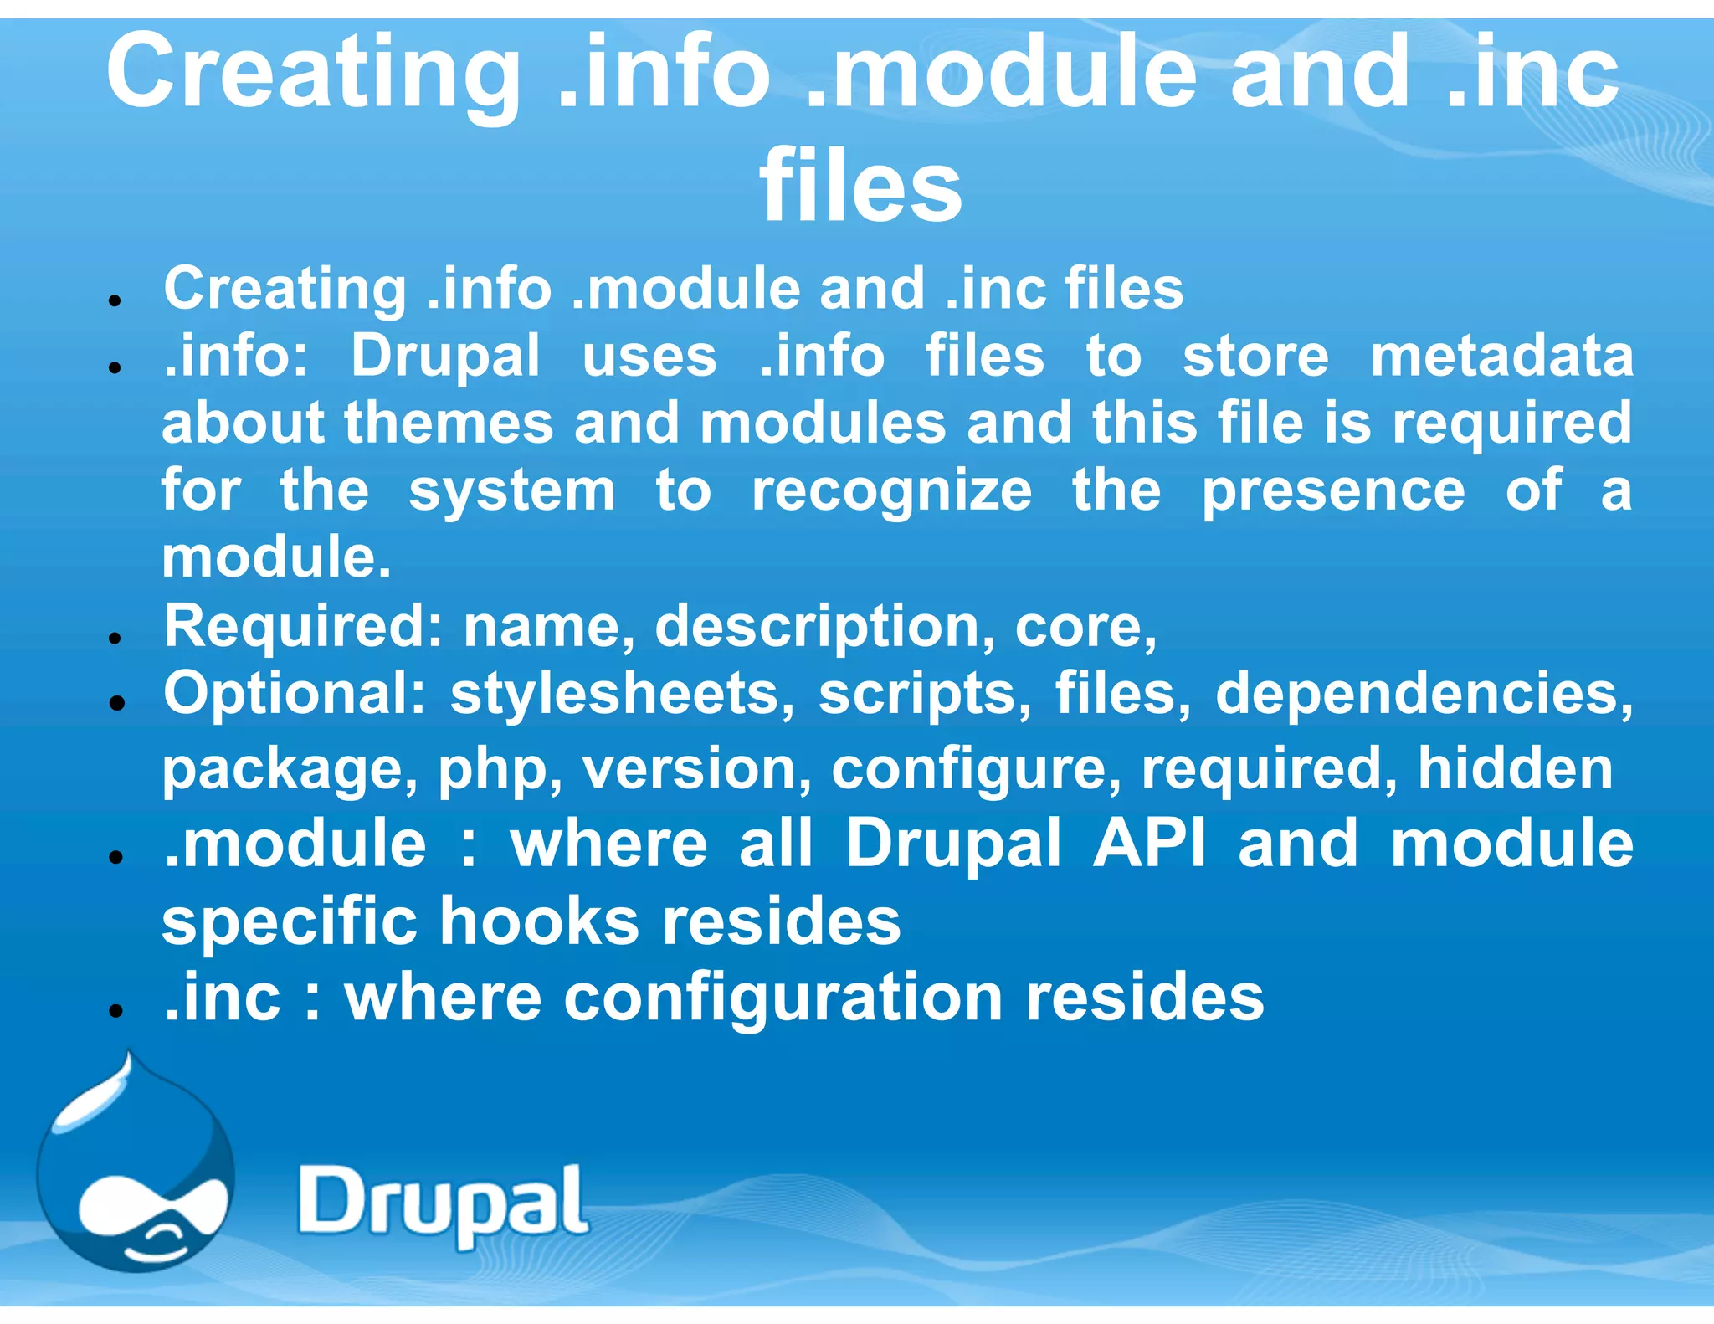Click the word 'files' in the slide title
[x=860, y=186]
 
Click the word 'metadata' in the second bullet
[x=1501, y=356]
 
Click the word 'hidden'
[x=1515, y=768]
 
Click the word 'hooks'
[x=550, y=921]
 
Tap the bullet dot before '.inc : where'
[x=116, y=1010]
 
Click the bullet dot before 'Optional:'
[x=116, y=703]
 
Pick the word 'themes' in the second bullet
[x=449, y=423]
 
